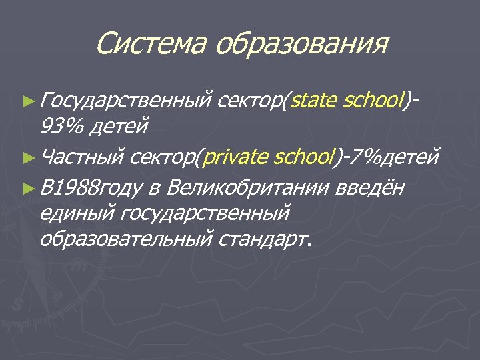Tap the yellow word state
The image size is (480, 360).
[315, 101]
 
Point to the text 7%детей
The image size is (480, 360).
[393, 158]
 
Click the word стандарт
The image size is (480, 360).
[264, 237]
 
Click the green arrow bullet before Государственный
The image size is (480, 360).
[27, 102]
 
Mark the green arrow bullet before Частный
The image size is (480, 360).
[27, 158]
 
